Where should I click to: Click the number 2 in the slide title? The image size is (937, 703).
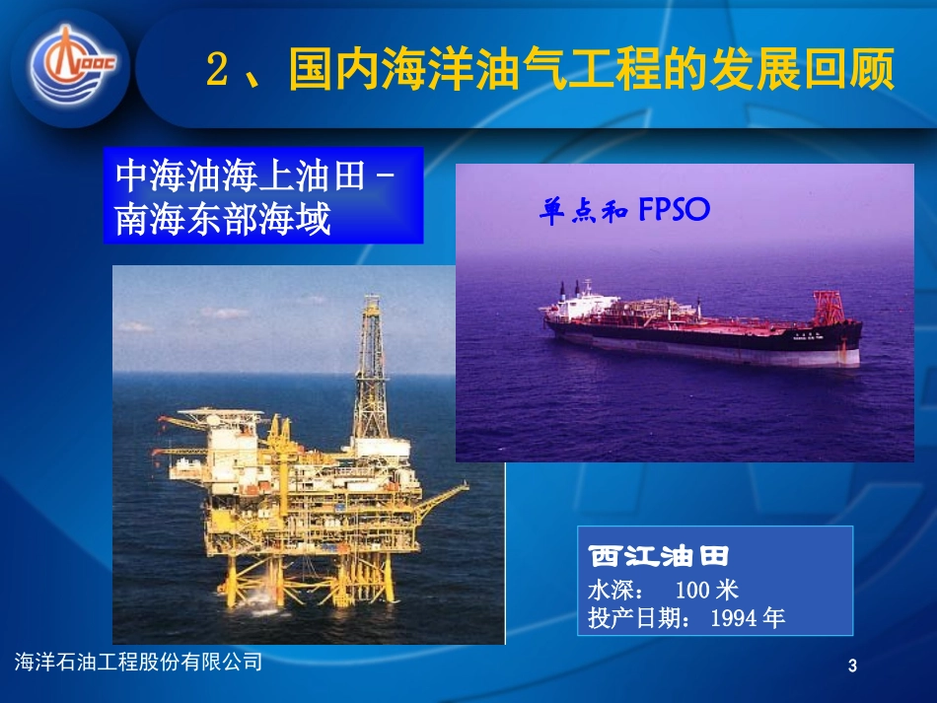click(219, 71)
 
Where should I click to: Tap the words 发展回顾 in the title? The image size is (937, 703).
click(809, 71)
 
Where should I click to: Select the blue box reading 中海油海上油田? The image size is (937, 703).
click(262, 195)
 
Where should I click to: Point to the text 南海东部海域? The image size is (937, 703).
click(223, 218)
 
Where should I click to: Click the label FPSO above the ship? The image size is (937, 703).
click(675, 210)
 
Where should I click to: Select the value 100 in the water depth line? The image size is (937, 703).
click(693, 590)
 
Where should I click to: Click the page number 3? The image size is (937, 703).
click(852, 668)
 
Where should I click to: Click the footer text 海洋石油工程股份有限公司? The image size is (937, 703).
click(140, 663)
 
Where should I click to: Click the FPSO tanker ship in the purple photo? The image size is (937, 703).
click(700, 330)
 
